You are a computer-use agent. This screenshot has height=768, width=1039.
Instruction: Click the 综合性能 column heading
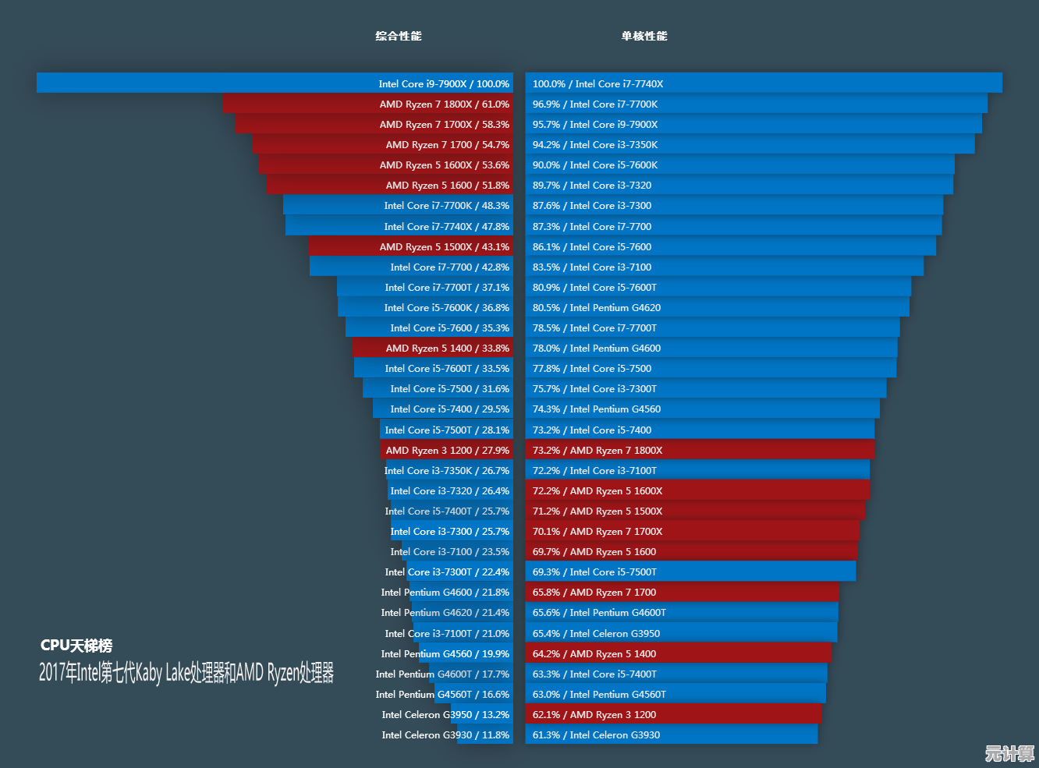[x=398, y=36]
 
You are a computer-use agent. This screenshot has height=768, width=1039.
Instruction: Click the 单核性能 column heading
[x=644, y=36]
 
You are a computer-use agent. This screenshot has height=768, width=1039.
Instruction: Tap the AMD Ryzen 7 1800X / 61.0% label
[x=444, y=104]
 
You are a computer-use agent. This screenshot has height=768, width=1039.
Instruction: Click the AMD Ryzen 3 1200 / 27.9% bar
[x=447, y=451]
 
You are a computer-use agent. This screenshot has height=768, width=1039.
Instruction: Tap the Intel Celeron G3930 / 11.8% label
[x=445, y=735]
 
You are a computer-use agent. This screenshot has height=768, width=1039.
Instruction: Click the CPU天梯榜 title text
[x=76, y=646]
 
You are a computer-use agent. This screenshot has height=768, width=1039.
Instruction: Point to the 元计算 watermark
[x=1009, y=753]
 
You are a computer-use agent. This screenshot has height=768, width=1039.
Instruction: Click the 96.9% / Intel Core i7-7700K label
[x=595, y=104]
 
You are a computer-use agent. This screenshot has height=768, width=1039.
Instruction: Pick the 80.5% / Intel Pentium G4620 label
[x=597, y=308]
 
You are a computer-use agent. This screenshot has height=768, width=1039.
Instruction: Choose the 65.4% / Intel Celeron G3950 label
[x=596, y=634]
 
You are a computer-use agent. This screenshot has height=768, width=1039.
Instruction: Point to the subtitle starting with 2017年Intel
[x=186, y=672]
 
